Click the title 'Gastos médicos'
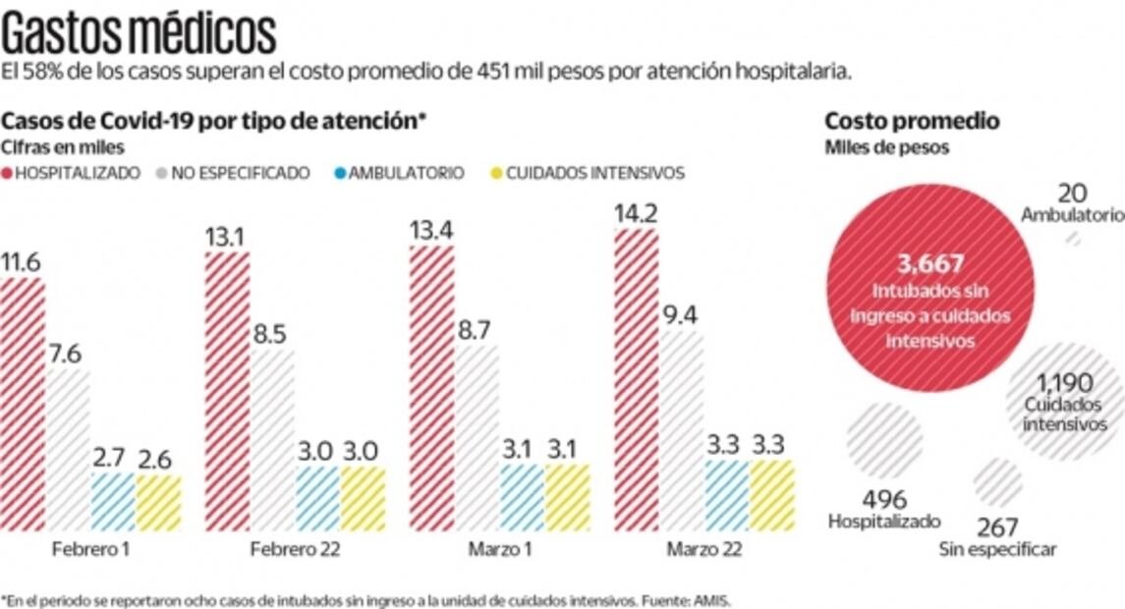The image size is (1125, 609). [x=139, y=34]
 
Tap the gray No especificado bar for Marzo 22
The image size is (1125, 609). [x=681, y=431]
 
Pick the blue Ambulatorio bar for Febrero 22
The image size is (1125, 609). [x=317, y=499]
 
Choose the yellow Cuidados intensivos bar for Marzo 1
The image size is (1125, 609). [x=567, y=497]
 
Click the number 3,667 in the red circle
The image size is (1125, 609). [x=929, y=263]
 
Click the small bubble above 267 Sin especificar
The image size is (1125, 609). [x=997, y=482]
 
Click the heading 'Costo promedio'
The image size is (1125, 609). [x=912, y=121]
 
